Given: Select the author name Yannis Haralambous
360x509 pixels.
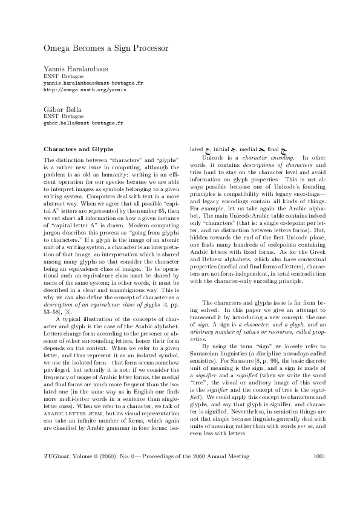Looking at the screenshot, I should [75, 71].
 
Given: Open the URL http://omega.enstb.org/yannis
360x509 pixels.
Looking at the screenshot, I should [85, 89].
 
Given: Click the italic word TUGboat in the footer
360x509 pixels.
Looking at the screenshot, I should [56, 473].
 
